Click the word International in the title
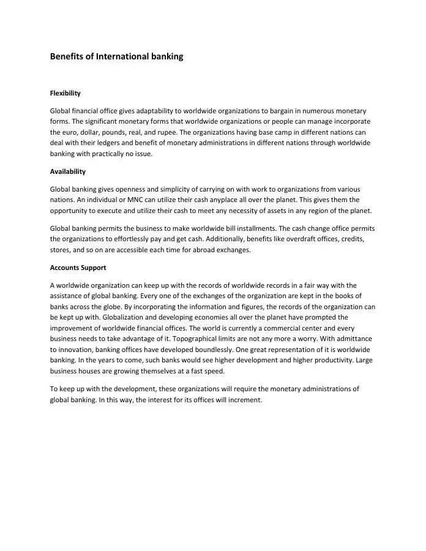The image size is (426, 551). pos(121,56)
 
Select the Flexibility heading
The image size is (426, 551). pos(65,94)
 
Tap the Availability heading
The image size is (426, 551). pos(67,171)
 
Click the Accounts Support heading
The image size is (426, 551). pos(78,268)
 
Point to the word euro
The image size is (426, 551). pos(70,132)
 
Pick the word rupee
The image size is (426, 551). pos(165,132)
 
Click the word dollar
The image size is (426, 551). pos(93,132)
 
